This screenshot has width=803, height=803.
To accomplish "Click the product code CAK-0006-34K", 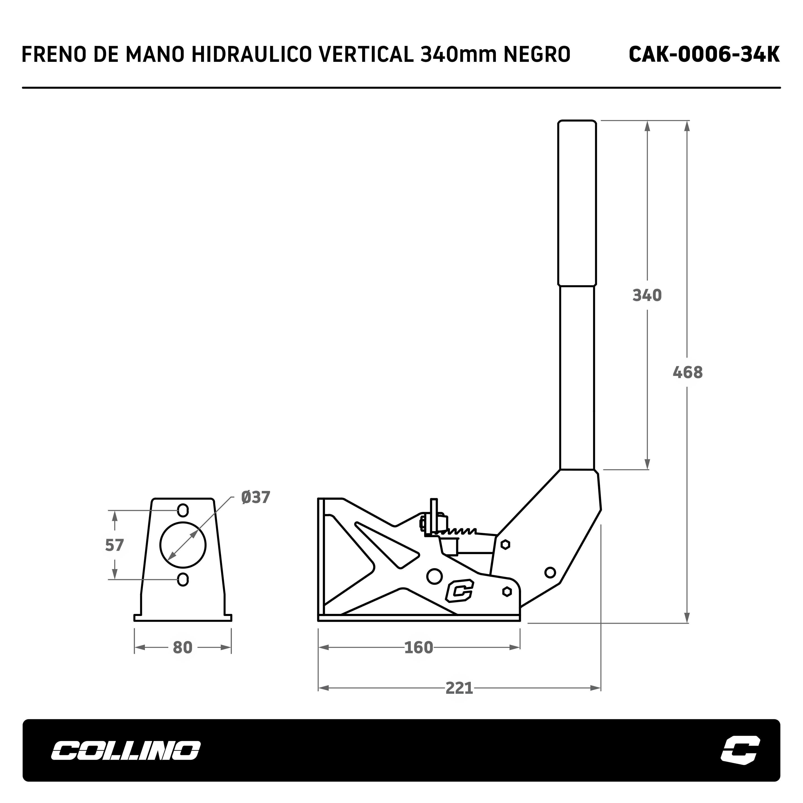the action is [704, 54].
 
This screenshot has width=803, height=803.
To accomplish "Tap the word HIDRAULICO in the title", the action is [251, 54].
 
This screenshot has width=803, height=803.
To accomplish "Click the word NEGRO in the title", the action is [537, 54].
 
